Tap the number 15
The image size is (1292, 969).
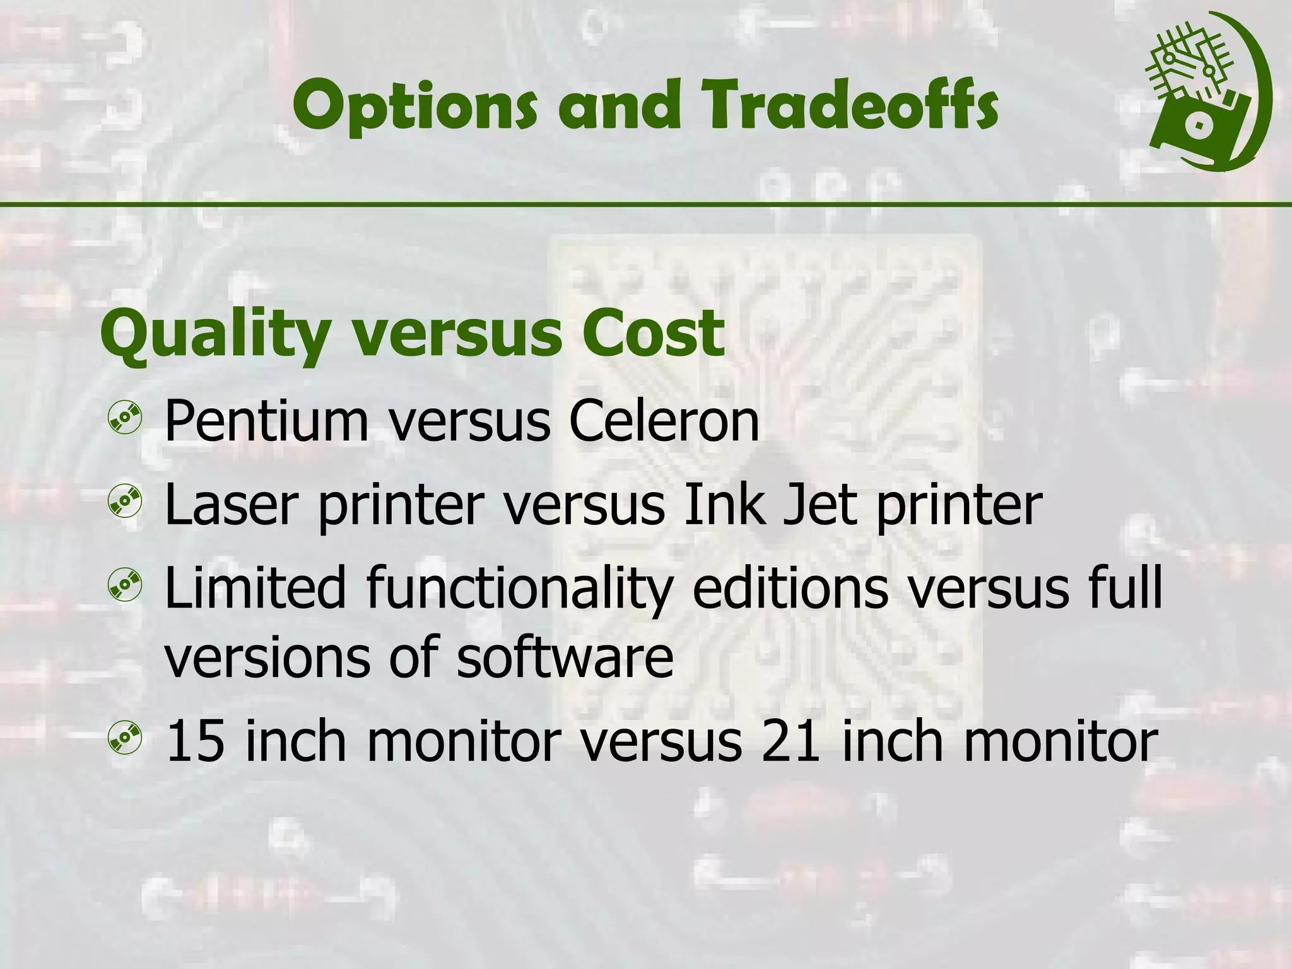click(x=194, y=741)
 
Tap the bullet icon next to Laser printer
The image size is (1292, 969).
click(x=125, y=502)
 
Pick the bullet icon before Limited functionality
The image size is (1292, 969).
click(x=125, y=585)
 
